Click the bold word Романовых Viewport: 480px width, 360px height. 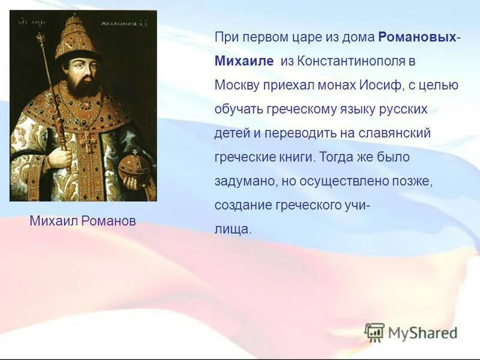[x=417, y=38]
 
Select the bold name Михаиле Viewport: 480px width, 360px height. [x=244, y=61]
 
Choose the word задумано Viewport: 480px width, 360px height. [x=241, y=181]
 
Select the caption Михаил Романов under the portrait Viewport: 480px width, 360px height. [x=83, y=221]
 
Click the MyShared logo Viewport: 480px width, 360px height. [x=411, y=332]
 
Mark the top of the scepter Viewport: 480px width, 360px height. [x=41, y=39]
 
